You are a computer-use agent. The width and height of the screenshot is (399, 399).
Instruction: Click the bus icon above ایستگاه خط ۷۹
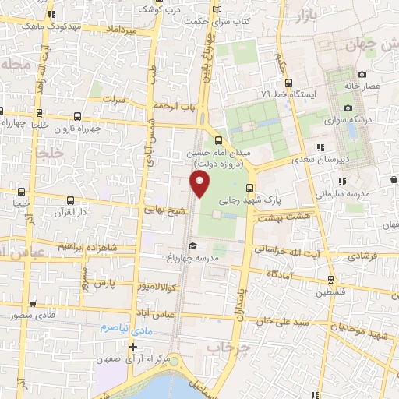point(289,83)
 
